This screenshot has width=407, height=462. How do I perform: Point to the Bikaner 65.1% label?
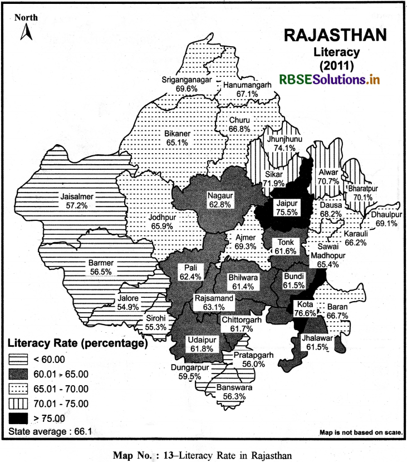pyautogui.click(x=178, y=138)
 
